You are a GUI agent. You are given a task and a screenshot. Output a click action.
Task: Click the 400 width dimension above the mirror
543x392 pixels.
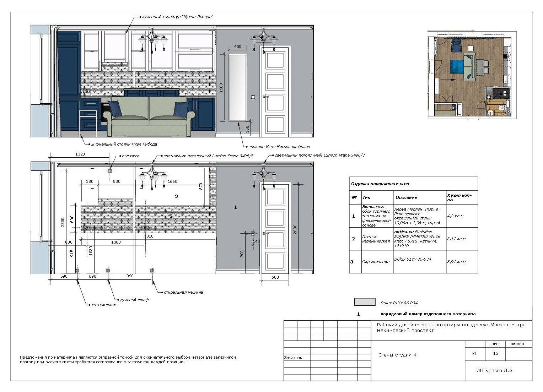point(237,47)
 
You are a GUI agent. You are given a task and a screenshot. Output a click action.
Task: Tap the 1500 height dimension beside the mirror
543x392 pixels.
point(221,88)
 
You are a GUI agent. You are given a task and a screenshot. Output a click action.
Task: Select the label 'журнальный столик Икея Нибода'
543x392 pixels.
point(124,145)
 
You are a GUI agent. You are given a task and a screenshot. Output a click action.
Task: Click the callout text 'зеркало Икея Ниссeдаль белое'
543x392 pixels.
point(279,147)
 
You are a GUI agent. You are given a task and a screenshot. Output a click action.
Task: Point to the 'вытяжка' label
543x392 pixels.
point(130,156)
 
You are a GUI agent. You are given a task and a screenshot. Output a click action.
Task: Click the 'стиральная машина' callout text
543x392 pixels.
point(183,293)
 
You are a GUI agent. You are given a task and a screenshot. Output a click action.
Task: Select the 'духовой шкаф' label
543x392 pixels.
point(134,300)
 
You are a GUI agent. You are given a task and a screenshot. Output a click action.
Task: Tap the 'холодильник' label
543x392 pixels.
point(104,305)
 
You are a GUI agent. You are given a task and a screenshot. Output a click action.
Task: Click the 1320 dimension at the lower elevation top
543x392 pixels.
point(80,154)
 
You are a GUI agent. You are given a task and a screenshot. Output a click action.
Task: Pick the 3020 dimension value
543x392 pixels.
point(149,236)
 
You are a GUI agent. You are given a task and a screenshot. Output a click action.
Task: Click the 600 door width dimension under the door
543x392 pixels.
point(275,277)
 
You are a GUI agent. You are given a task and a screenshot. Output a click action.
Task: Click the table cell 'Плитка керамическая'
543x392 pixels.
point(376,239)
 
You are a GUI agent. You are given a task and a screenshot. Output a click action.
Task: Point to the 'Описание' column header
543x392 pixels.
point(406,197)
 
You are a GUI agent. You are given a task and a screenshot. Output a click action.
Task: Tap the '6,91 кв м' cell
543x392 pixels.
point(456,262)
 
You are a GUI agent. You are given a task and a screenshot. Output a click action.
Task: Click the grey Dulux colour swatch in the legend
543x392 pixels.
point(365,302)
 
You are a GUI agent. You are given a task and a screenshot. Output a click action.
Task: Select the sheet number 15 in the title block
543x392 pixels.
point(495,353)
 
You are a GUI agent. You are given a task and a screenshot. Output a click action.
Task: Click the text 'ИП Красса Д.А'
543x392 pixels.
point(494,370)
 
